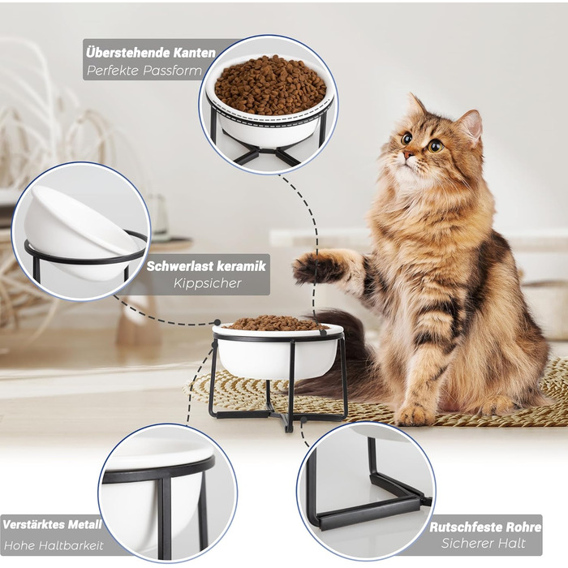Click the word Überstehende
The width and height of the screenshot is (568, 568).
click(128, 53)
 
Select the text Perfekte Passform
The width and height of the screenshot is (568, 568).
click(144, 71)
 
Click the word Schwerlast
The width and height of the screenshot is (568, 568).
click(174, 266)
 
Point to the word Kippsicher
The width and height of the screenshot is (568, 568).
click(207, 283)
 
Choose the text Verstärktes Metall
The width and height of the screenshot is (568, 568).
click(52, 525)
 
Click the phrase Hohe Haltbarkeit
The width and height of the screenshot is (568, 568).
click(54, 545)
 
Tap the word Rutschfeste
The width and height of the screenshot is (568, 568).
click(465, 527)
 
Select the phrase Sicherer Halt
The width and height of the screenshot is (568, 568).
click(483, 544)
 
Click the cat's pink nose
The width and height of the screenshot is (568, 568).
click(408, 155)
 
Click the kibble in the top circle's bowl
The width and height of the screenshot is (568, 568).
click(270, 85)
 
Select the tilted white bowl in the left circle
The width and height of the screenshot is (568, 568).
click(78, 233)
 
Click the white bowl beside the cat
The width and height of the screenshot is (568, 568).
click(278, 351)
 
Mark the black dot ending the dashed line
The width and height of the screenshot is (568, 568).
click(217, 322)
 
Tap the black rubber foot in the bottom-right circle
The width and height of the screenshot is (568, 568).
click(426, 501)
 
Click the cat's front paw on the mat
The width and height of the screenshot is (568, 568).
click(414, 414)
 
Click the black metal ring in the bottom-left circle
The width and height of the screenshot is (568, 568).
click(158, 473)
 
